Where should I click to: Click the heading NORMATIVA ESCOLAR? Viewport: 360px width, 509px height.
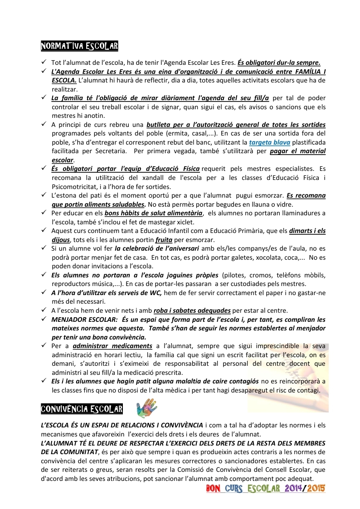79,46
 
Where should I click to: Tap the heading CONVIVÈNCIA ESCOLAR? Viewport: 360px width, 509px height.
82,409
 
